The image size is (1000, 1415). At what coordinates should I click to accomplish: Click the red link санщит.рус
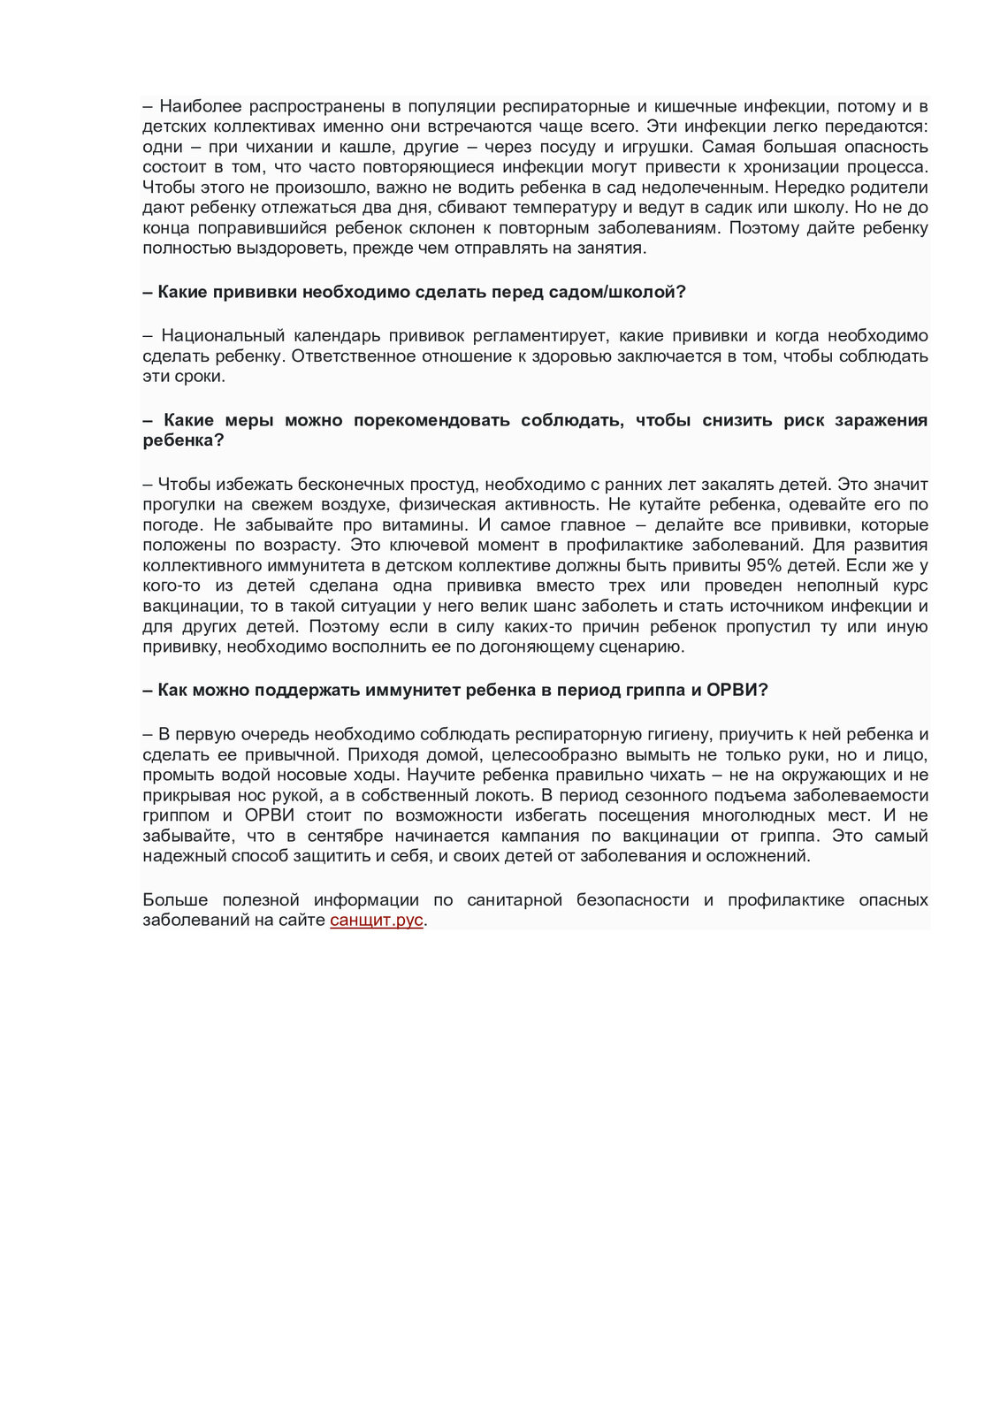(377, 920)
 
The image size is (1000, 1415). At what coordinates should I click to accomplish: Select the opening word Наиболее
(195, 106)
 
